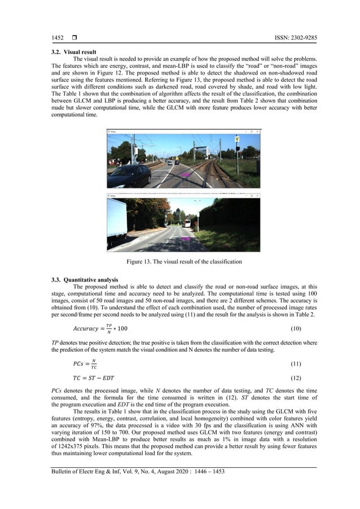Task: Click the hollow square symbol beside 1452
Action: pos(74,37)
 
